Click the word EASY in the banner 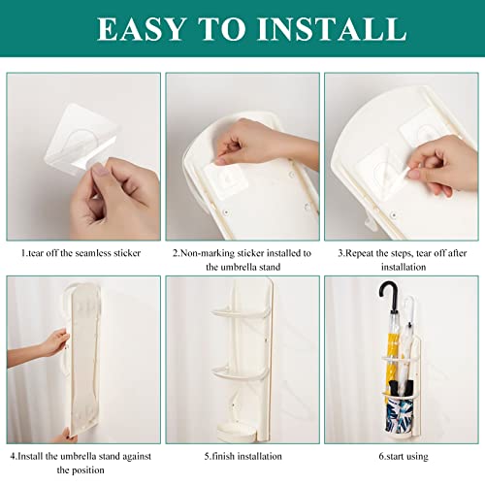[x=142, y=29]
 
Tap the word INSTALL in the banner [x=332, y=29]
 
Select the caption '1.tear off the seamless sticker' [x=81, y=253]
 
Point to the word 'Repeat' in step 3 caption [x=360, y=253]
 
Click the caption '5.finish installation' [x=242, y=456]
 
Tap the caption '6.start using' [x=404, y=456]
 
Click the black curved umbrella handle [x=388, y=294]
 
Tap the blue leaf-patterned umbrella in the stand [x=399, y=414]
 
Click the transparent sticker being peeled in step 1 [x=81, y=138]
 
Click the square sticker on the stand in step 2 [x=226, y=180]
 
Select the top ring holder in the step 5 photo [x=241, y=313]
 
